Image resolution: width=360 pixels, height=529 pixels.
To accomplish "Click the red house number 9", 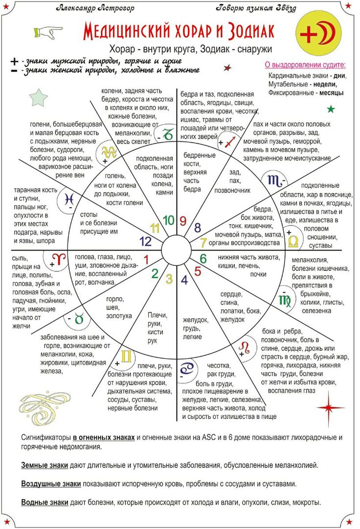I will [x=183, y=220].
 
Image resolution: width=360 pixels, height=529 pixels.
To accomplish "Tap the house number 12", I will [x=146, y=241].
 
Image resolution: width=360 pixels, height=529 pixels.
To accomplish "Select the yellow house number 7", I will [x=204, y=242].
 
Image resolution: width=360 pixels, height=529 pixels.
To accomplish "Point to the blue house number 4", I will [x=184, y=280].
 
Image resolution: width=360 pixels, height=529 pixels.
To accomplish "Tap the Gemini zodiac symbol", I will [x=126, y=357].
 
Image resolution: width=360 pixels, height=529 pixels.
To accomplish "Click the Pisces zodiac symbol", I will [x=67, y=198].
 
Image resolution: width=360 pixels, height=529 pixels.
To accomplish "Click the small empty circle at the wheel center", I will [x=176, y=249].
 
